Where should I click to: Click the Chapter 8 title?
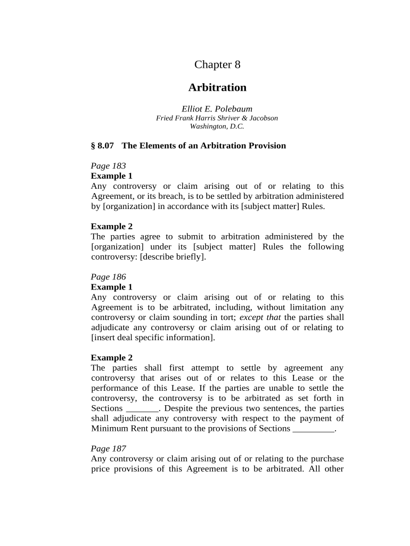click(217, 65)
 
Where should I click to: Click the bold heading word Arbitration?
click(217, 87)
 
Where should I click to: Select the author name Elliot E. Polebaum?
click(217, 109)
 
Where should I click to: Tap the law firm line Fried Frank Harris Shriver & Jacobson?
click(217, 118)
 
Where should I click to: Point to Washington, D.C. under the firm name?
click(217, 126)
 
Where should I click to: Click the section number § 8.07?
click(102, 146)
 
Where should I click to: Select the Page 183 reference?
click(108, 166)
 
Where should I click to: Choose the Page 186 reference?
click(108, 277)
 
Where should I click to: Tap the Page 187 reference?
click(108, 448)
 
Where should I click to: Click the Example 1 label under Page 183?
click(111, 176)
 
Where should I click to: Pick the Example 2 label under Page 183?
click(111, 226)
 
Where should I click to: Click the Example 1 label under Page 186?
click(111, 287)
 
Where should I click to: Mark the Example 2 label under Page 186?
click(111, 357)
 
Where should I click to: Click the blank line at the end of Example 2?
click(314, 429)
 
